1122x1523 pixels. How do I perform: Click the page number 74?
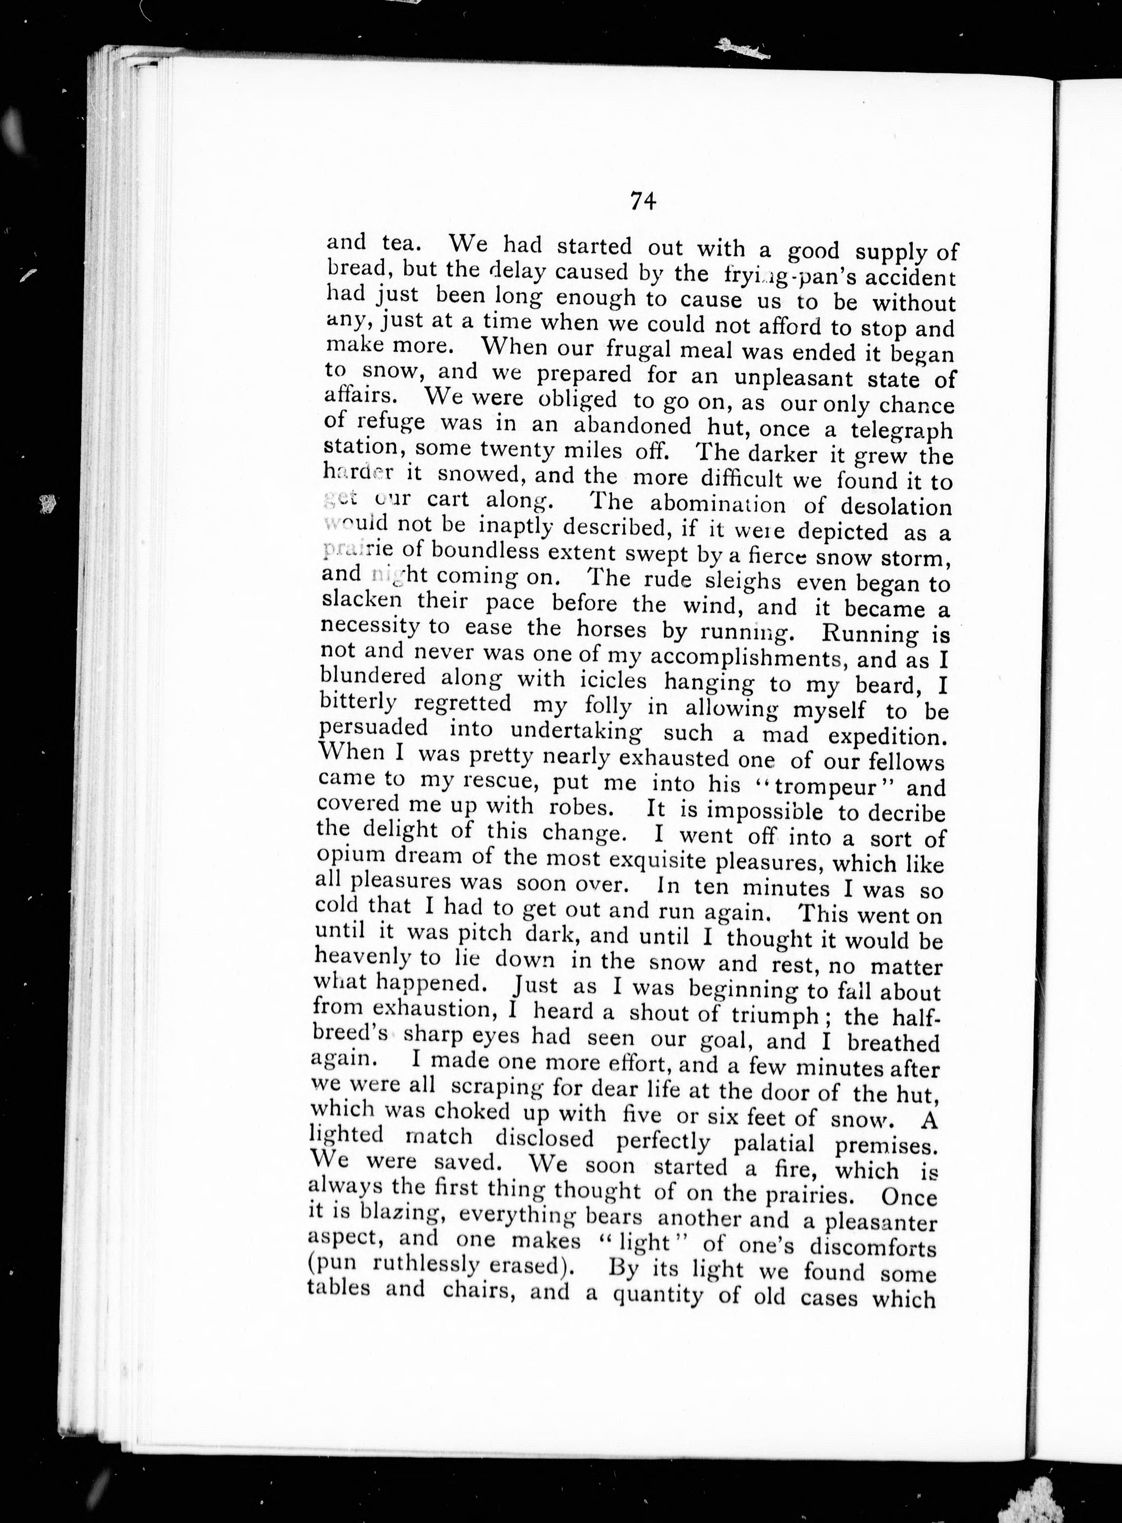pos(642,201)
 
